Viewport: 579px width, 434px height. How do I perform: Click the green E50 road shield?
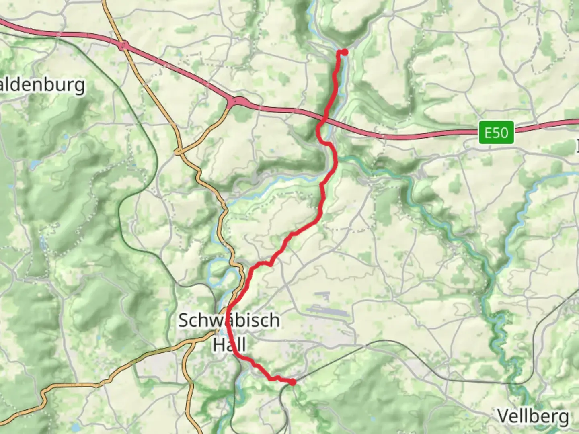pyautogui.click(x=496, y=132)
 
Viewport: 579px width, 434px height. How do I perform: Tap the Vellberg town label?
pyautogui.click(x=533, y=416)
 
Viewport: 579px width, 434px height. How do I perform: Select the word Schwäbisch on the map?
pyautogui.click(x=229, y=320)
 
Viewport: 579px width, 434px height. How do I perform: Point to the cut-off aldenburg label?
pyautogui.click(x=42, y=85)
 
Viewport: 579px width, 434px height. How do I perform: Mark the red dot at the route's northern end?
pyautogui.click(x=344, y=52)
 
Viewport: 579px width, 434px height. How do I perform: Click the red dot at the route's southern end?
pyautogui.click(x=293, y=382)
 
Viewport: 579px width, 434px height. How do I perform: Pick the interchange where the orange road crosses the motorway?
pyautogui.click(x=123, y=45)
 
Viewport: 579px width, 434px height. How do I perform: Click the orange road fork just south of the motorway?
pyautogui.click(x=179, y=152)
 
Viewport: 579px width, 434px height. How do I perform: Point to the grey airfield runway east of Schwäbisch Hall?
pyautogui.click(x=326, y=311)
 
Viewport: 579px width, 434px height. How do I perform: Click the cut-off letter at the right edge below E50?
pyautogui.click(x=577, y=145)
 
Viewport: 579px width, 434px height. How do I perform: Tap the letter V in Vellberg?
pyautogui.click(x=503, y=416)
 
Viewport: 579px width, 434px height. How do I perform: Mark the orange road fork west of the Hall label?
pyautogui.click(x=193, y=342)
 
